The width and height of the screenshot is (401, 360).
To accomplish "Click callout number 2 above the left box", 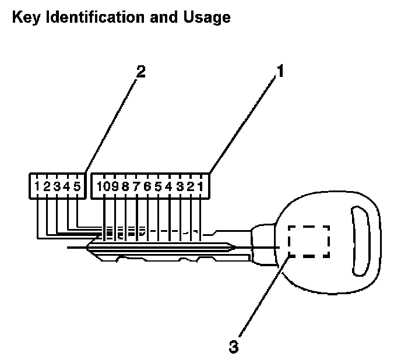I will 140,73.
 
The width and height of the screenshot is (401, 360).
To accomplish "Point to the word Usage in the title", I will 207,18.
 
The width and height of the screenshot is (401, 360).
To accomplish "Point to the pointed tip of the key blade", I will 87,249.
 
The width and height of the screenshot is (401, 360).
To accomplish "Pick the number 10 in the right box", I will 104,187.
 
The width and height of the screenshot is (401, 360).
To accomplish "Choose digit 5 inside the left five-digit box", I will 78,187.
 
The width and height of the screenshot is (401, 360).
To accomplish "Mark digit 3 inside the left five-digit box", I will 57,187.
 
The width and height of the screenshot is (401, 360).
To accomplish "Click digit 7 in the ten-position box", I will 136,187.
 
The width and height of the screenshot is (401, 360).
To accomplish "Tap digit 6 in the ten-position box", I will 147,187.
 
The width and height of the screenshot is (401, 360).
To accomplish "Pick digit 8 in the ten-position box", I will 125,187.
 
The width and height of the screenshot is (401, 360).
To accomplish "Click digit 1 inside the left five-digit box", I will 37,187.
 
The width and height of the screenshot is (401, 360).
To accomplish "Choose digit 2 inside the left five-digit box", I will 47,187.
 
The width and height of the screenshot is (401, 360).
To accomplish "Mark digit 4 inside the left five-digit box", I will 68,187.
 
